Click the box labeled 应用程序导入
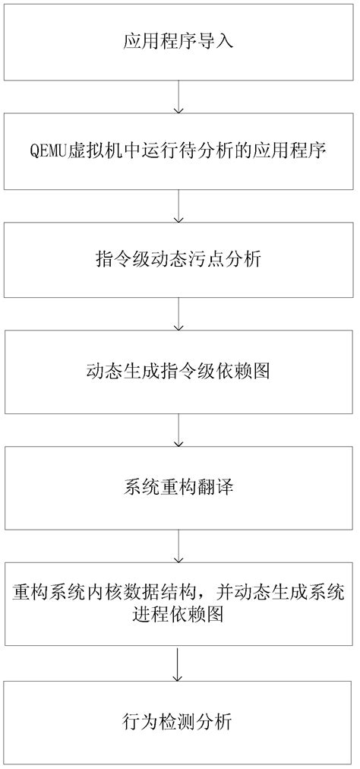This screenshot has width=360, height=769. tap(178, 42)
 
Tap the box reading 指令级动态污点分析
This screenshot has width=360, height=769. tap(178, 260)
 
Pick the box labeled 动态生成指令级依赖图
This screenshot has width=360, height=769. tap(178, 372)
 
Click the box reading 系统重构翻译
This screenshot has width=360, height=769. tap(178, 486)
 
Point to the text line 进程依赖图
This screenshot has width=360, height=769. tap(178, 613)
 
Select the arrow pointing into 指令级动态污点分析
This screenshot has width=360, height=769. tap(178, 206)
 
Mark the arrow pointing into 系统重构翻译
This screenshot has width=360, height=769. tap(178, 429)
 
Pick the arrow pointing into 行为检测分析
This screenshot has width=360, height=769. tap(178, 663)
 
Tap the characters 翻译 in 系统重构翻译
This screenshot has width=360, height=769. tap(218, 486)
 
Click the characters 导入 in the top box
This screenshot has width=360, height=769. tap(218, 42)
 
